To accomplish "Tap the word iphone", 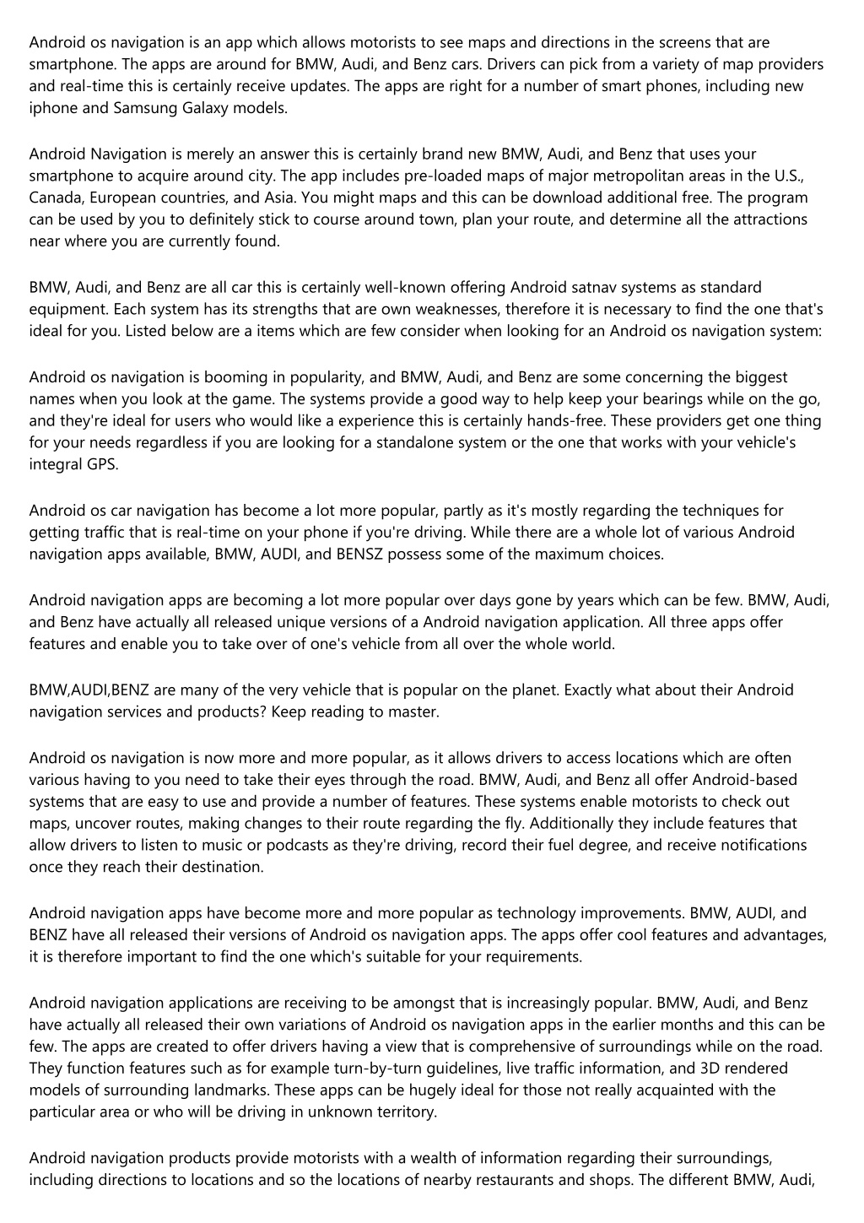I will [x=51, y=108].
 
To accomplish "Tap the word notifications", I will [x=753, y=845].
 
